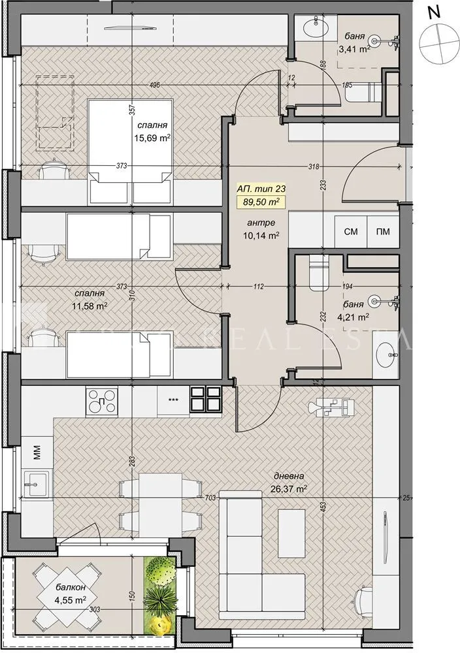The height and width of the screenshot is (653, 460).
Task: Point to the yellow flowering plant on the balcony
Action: (x=160, y=626)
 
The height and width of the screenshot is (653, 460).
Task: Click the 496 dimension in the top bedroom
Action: (x=154, y=84)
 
